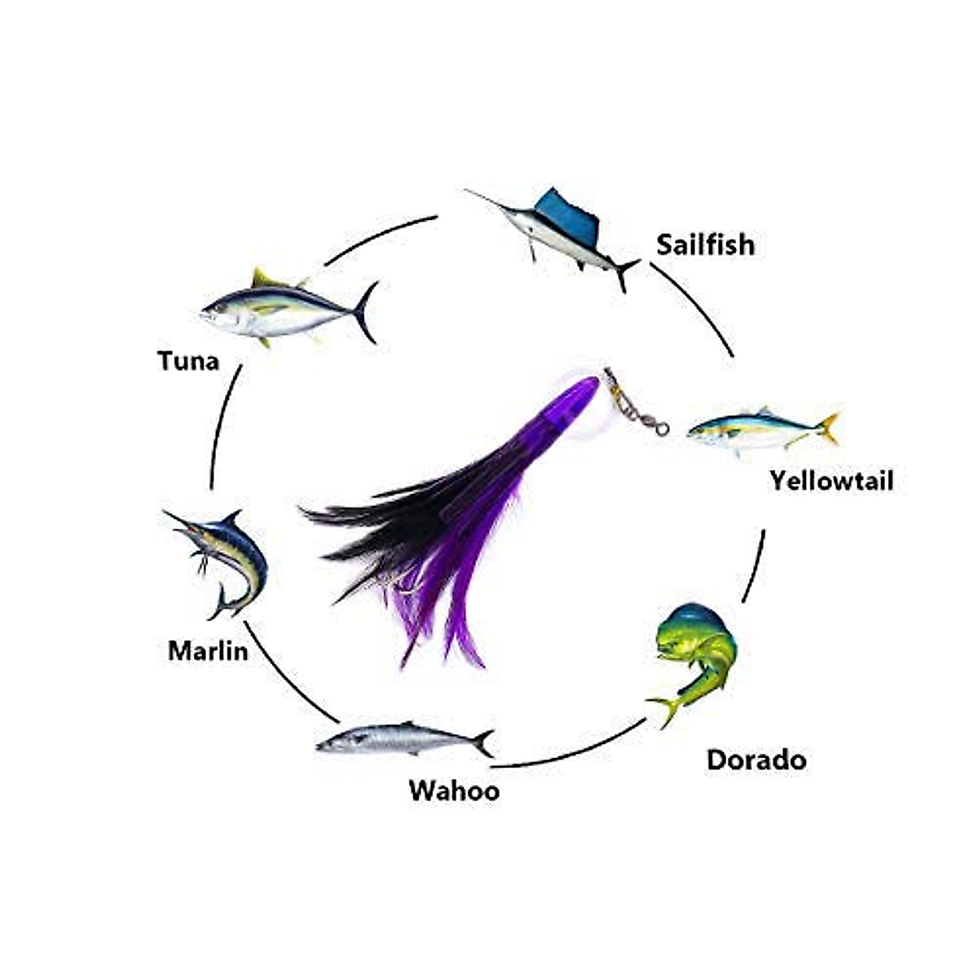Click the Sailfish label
(x=705, y=244)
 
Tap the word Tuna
(x=188, y=360)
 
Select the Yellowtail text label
(x=831, y=481)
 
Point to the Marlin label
(x=208, y=651)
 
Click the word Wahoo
(x=454, y=791)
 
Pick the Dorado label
(x=756, y=760)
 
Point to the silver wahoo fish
(x=399, y=738)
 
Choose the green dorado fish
(x=697, y=652)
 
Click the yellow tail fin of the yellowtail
(x=827, y=428)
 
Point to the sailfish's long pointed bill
(x=489, y=200)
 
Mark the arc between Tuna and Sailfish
(x=379, y=236)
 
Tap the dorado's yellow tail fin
(x=664, y=707)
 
